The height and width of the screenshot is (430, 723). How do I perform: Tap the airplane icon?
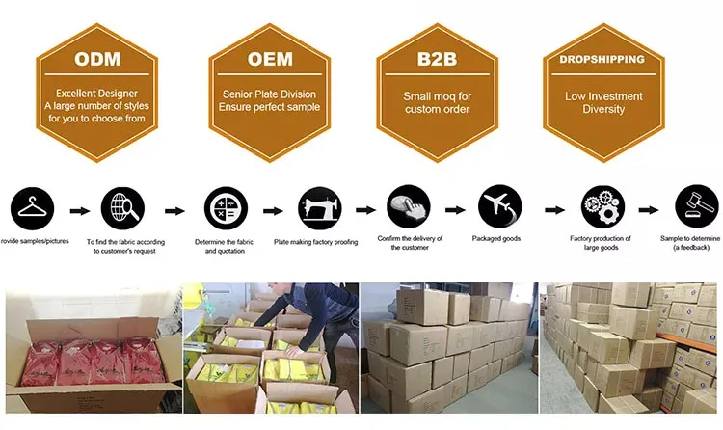pyautogui.click(x=499, y=206)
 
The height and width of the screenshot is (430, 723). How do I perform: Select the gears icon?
pyautogui.click(x=601, y=207)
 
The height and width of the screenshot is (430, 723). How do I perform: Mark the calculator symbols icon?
pyautogui.click(x=224, y=207)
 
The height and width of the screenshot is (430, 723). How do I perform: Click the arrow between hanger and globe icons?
pyautogui.click(x=82, y=209)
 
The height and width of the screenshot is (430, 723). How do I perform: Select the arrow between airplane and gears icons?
pyautogui.click(x=552, y=209)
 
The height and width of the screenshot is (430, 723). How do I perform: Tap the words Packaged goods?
pyautogui.click(x=498, y=237)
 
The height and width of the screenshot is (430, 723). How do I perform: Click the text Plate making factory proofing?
pyautogui.click(x=315, y=239)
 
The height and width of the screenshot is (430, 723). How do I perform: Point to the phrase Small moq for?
pyautogui.click(x=437, y=96)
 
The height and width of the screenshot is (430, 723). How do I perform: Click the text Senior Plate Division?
pyautogui.click(x=269, y=96)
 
